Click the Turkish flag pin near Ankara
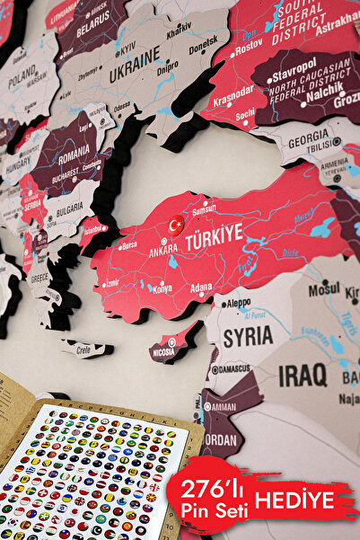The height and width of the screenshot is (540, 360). pyautogui.click(x=176, y=223)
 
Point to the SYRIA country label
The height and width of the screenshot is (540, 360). pyautogui.click(x=247, y=336)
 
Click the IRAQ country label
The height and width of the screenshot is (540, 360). pyautogui.click(x=303, y=375)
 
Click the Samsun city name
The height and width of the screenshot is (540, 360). pyautogui.click(x=204, y=208)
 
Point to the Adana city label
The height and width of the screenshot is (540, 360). pyautogui.click(x=201, y=289)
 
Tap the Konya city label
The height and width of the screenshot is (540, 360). pyautogui.click(x=162, y=289)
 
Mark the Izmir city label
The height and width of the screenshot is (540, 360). pyautogui.click(x=110, y=282)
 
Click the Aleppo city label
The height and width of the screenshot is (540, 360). pyautogui.click(x=238, y=304)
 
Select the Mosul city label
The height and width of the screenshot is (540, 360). pyautogui.click(x=323, y=290)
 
